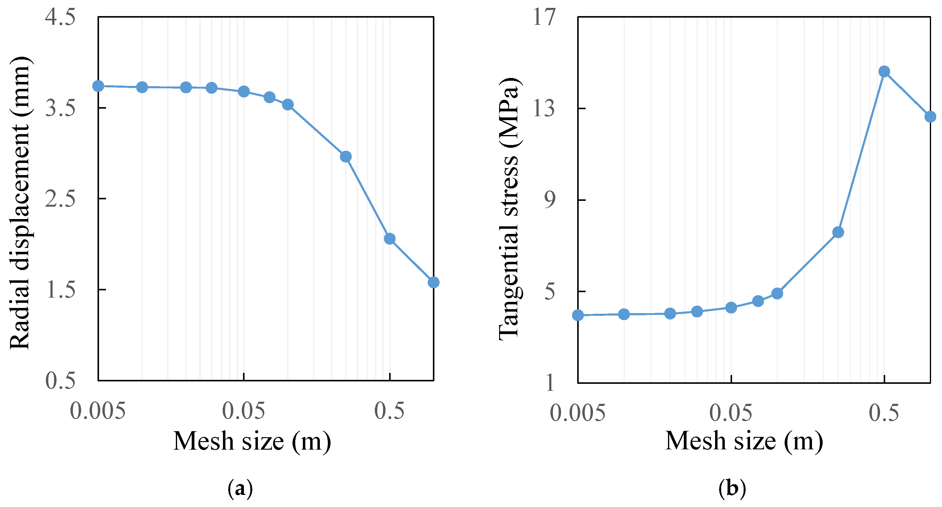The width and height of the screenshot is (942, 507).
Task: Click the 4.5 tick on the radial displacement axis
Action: pos(60,17)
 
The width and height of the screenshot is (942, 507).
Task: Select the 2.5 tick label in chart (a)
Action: pos(60,199)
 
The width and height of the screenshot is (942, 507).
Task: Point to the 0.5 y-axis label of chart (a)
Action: pos(60,380)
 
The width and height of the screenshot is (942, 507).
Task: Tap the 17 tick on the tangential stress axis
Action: pos(544,17)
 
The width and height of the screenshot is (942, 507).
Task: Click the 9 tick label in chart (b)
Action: pos(550,200)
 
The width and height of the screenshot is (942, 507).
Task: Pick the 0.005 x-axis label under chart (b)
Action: pos(577,413)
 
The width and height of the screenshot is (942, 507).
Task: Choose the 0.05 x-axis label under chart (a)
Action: pos(244,411)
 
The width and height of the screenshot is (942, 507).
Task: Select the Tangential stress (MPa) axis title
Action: pos(510,209)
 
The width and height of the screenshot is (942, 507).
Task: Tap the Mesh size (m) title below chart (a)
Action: pos(252,441)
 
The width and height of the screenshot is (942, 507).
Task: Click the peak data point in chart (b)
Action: pos(884,72)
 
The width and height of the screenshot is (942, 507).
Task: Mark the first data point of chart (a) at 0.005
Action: pos(98,86)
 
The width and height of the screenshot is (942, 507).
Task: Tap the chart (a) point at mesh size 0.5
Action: pos(390,239)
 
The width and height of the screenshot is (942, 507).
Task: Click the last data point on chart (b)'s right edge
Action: pos(930,117)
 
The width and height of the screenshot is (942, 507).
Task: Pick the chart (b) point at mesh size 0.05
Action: pos(731,308)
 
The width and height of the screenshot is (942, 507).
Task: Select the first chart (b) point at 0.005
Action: pos(578,315)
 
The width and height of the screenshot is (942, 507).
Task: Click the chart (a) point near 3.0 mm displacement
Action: pos(346,157)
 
